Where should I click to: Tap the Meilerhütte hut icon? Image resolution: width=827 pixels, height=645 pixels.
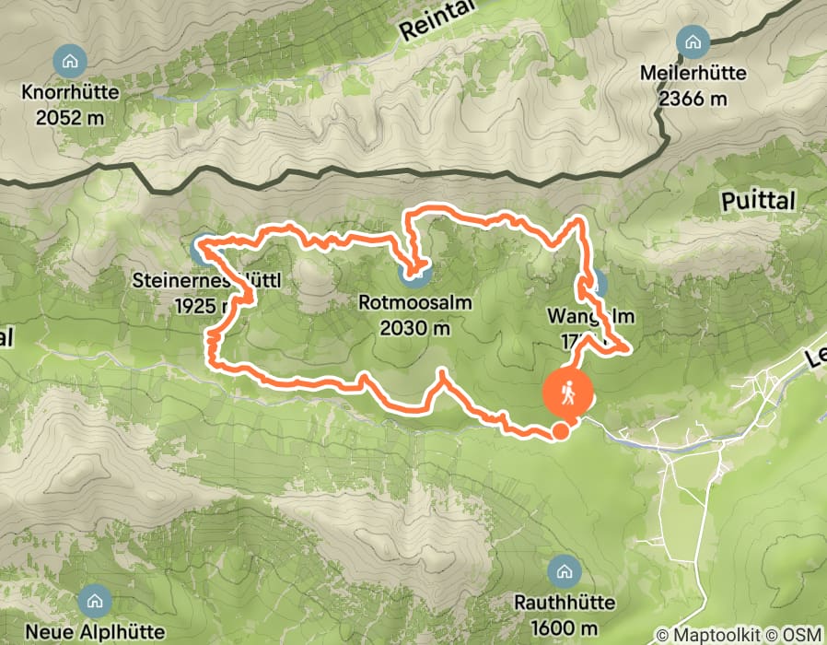[692, 42]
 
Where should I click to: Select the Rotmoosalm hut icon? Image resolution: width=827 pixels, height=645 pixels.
[416, 273]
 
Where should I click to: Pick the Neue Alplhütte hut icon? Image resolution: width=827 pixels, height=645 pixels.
[93, 603]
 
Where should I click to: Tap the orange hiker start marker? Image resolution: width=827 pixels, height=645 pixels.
[568, 393]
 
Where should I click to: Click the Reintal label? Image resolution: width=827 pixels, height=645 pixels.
[436, 21]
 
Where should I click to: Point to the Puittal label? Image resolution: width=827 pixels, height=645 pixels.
[758, 202]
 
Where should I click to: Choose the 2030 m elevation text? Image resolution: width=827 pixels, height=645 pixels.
[416, 326]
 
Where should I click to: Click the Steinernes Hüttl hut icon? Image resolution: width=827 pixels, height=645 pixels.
[200, 248]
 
